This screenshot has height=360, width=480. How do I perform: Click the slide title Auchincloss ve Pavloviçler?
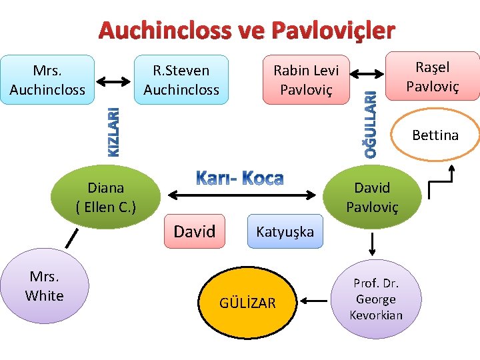point(247,30)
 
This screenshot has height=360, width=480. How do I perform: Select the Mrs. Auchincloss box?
point(47,79)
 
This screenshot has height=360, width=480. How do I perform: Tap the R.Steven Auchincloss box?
point(181,79)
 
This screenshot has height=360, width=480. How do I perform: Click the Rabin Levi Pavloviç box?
point(306,79)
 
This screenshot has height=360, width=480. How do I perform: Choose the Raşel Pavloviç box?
point(433,77)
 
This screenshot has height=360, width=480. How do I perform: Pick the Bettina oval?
point(435,136)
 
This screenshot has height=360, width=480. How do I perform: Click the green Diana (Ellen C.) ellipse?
point(106,197)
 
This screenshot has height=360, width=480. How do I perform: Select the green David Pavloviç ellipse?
point(371,197)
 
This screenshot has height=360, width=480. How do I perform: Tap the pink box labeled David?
point(195,231)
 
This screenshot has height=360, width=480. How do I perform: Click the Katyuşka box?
point(285,231)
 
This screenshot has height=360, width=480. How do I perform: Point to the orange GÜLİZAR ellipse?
point(247,303)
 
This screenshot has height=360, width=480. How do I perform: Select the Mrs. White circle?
point(44,287)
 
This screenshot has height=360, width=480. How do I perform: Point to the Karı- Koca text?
point(240,178)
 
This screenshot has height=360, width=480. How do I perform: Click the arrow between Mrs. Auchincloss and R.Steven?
point(114,81)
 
